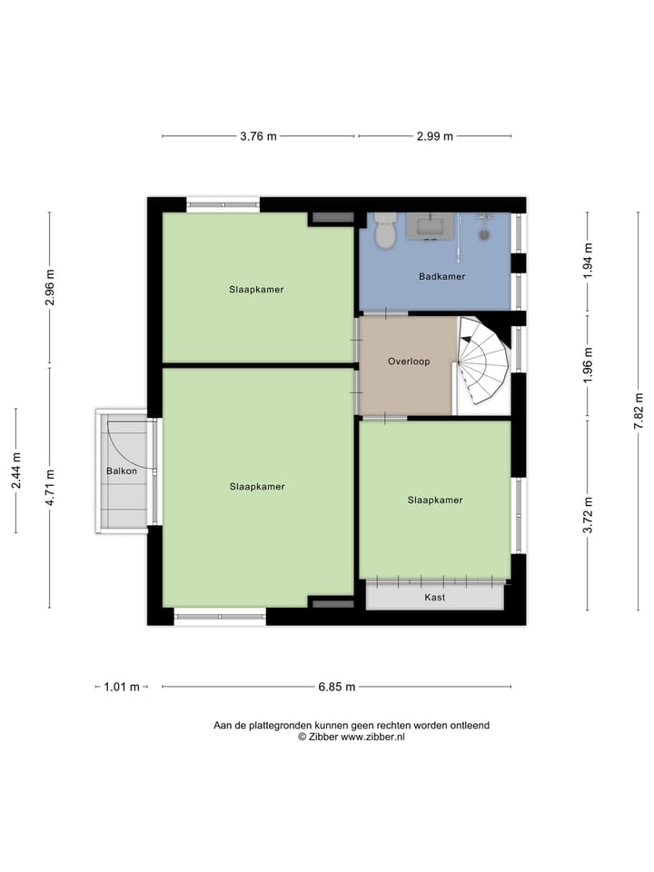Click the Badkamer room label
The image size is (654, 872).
click(x=441, y=276)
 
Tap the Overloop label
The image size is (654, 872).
click(x=409, y=362)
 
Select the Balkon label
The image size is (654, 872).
click(x=122, y=471)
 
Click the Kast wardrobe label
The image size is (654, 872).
click(x=435, y=598)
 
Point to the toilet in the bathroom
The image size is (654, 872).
click(x=385, y=231)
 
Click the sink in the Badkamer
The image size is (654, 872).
click(x=430, y=225)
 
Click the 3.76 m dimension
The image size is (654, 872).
click(x=258, y=136)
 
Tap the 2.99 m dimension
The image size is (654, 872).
click(x=435, y=136)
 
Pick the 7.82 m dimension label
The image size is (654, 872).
click(x=639, y=411)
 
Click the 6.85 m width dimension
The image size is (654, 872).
click(x=336, y=688)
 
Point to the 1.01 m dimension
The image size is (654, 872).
click(x=122, y=688)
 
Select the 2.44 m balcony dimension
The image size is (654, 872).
click(x=15, y=471)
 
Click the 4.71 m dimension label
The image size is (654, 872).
click(x=50, y=487)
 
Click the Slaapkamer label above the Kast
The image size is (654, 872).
click(x=435, y=500)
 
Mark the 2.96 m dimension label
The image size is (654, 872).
click(x=50, y=288)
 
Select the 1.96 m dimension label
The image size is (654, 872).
click(x=588, y=366)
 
